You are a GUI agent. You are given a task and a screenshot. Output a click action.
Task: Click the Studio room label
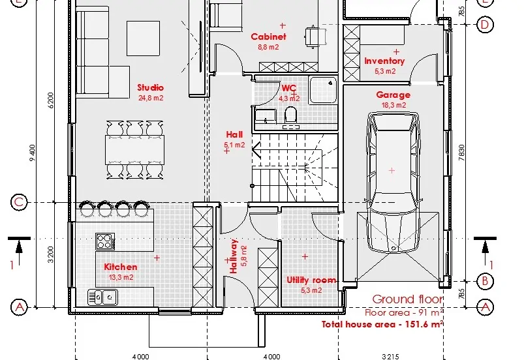click(150, 87)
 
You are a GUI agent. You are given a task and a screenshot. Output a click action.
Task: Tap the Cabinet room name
click(268, 37)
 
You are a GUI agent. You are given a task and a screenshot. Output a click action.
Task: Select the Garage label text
click(393, 95)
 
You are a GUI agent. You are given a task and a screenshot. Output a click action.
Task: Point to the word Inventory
click(384, 61)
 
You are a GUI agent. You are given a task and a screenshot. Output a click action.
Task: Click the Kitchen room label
click(121, 267)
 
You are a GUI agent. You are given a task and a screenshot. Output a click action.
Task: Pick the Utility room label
click(311, 280)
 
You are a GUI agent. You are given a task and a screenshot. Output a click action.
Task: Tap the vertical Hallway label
click(234, 255)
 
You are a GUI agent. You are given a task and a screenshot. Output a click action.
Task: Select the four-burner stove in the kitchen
click(106, 241)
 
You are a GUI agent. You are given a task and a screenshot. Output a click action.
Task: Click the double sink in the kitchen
click(103, 297)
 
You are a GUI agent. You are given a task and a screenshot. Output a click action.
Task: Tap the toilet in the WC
click(291, 115)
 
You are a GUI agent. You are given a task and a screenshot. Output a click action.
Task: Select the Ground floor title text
click(408, 299)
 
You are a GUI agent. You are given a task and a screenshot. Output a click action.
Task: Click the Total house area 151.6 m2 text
click(382, 323)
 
